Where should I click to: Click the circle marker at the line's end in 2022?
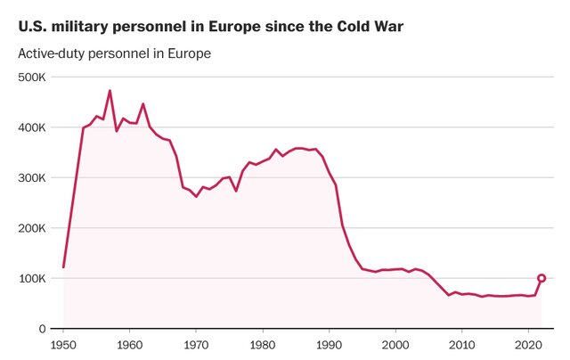541,278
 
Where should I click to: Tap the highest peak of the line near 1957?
110,91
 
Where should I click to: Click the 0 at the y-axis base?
42,329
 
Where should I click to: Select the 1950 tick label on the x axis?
63,344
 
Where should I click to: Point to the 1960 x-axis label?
129,344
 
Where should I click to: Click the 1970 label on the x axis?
196,344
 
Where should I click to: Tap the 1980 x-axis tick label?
262,344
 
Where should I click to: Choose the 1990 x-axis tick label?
329,344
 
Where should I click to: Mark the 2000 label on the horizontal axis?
395,344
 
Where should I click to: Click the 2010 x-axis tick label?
461,344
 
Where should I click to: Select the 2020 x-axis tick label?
527,344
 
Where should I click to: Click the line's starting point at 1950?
63,266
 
